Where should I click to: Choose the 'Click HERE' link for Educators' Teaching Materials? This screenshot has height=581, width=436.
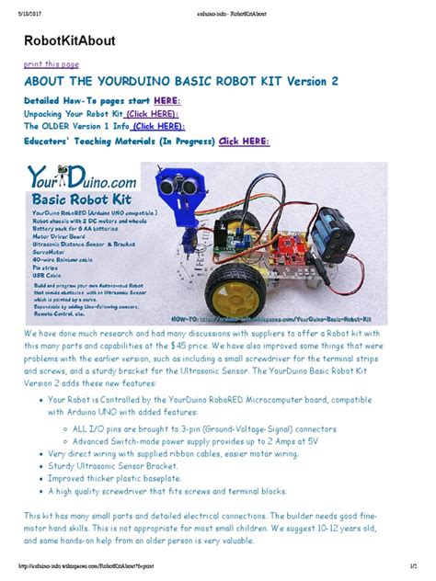pos(244,142)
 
